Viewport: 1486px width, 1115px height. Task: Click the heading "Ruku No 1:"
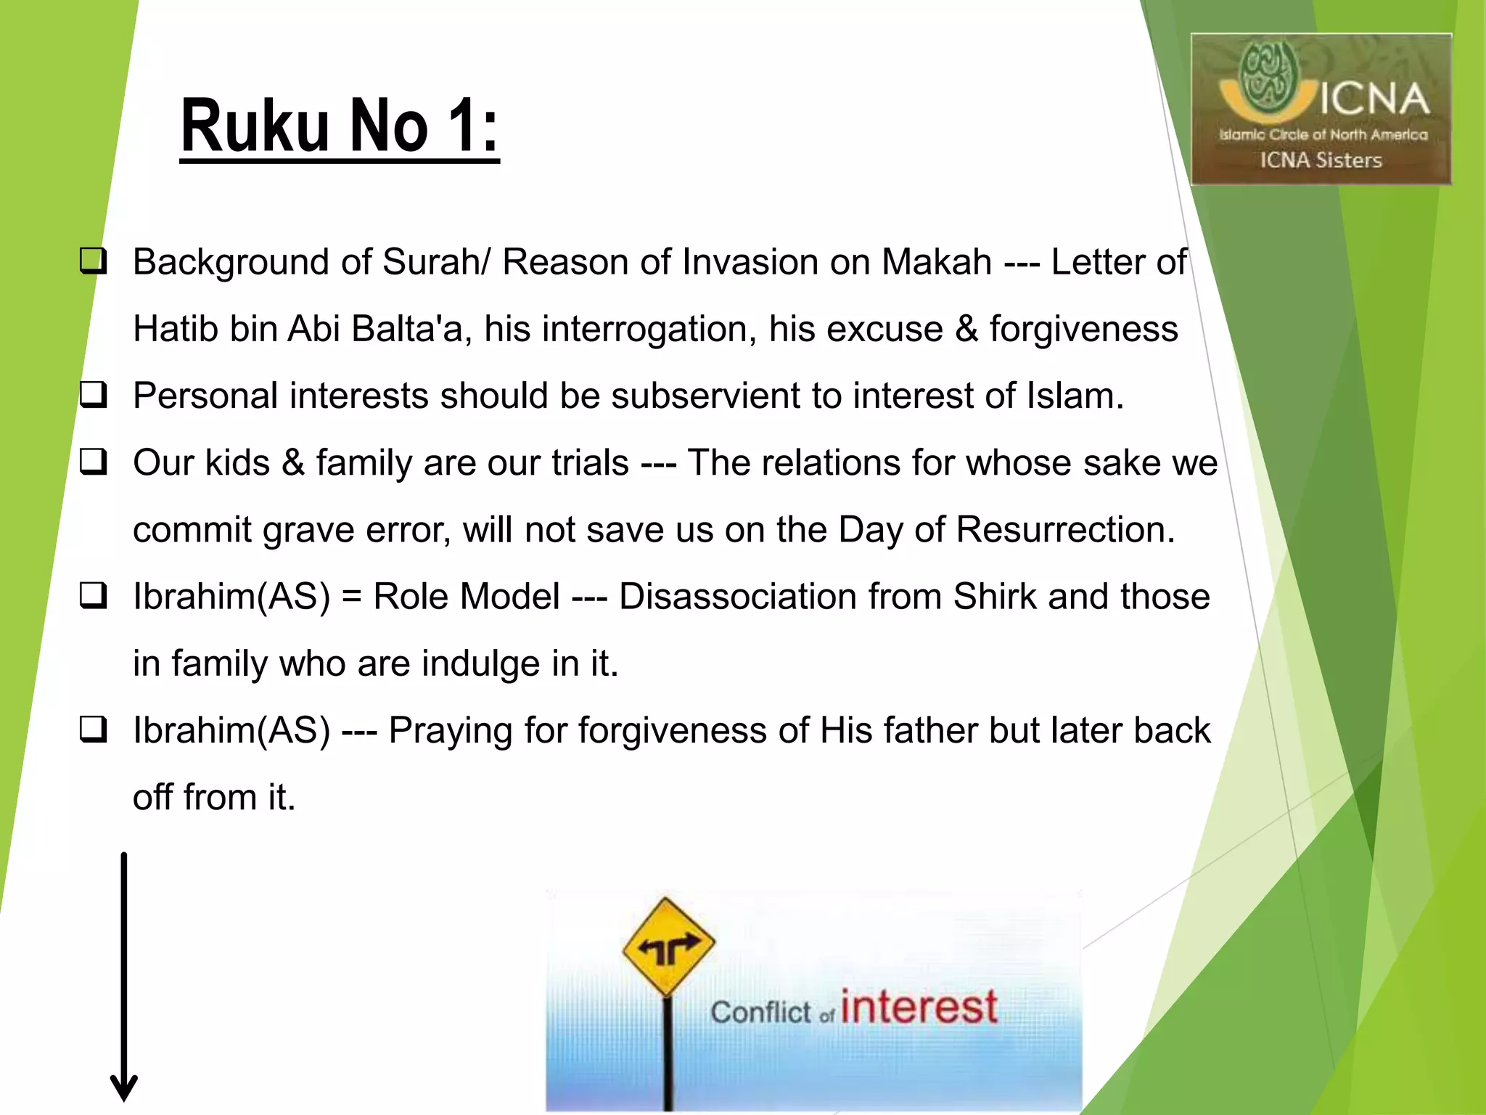pyautogui.click(x=340, y=126)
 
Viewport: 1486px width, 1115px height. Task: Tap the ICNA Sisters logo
pyautogui.click(x=1321, y=109)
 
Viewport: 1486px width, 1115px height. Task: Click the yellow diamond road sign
pyautogui.click(x=668, y=947)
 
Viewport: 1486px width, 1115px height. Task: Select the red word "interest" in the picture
pyautogui.click(x=919, y=1008)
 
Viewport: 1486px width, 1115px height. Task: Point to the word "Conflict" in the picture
pyautogui.click(x=760, y=1012)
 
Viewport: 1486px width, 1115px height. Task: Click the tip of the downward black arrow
pyautogui.click(x=124, y=1098)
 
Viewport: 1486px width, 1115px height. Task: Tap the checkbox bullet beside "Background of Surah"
pyautogui.click(x=94, y=261)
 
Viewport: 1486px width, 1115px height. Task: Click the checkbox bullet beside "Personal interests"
pyautogui.click(x=94, y=396)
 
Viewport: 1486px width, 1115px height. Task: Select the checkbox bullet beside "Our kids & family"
pyautogui.click(x=94, y=462)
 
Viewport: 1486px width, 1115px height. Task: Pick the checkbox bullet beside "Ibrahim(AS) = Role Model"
pyautogui.click(x=94, y=596)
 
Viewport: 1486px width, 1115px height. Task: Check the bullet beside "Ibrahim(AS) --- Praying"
pyautogui.click(x=94, y=730)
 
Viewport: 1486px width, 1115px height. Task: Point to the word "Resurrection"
pyautogui.click(x=1064, y=530)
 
